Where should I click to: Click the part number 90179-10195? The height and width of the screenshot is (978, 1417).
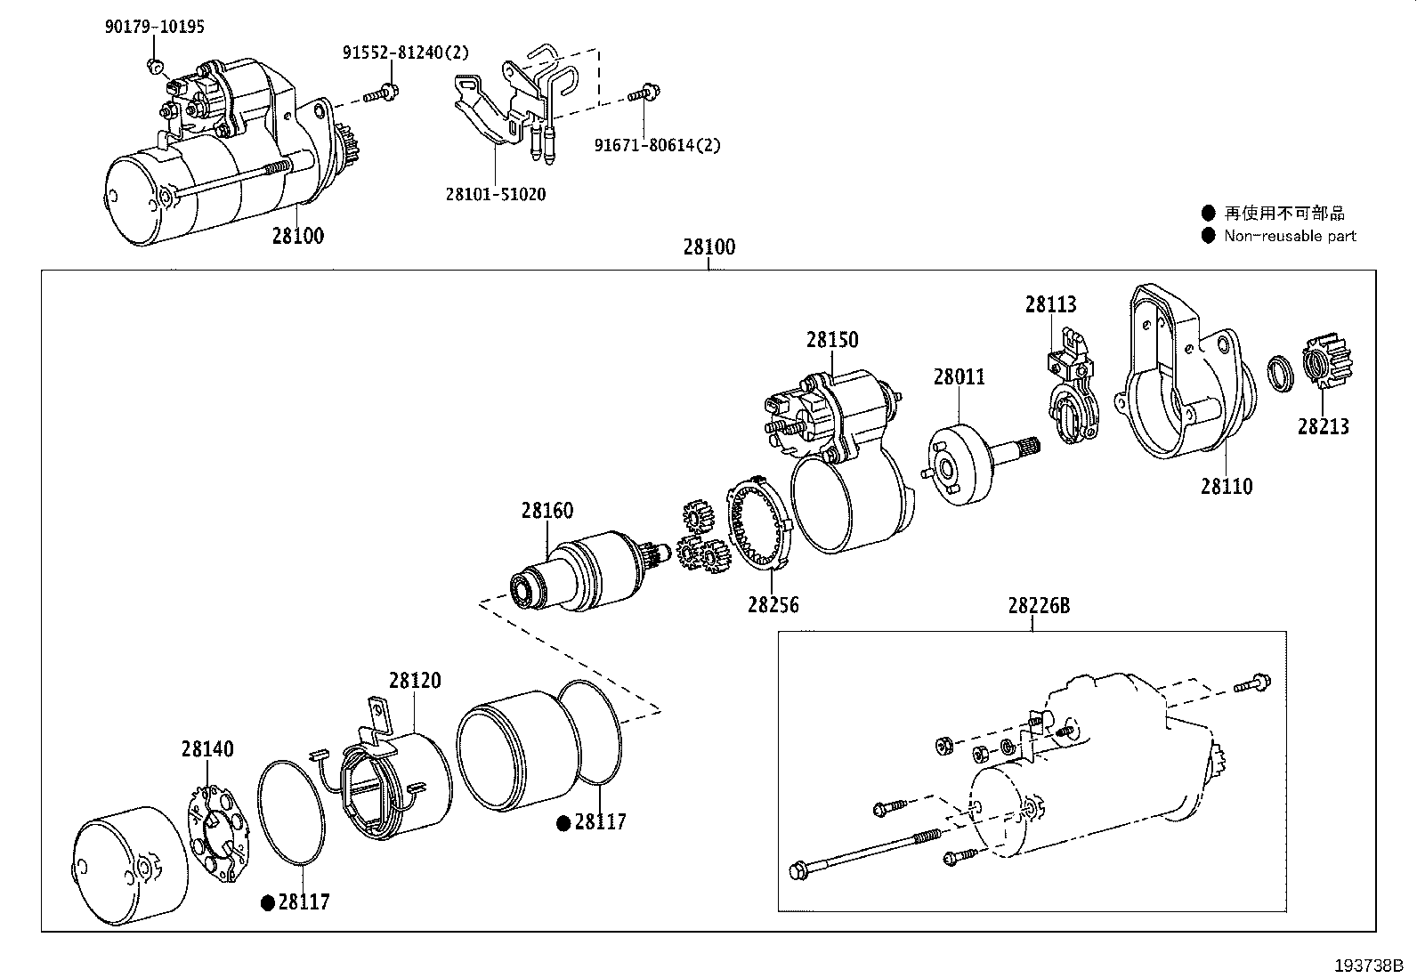154,27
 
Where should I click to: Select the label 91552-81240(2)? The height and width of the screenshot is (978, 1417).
406,53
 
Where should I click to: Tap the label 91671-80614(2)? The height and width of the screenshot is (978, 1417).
657,145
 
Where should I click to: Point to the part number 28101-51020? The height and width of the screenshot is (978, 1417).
496,194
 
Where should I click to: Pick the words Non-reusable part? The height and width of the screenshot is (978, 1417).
1290,236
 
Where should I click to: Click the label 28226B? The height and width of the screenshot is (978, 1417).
1039,606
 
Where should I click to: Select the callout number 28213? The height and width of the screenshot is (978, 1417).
1324,427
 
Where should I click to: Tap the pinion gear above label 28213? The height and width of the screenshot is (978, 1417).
1326,360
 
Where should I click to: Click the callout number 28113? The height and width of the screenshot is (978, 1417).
1050,305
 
